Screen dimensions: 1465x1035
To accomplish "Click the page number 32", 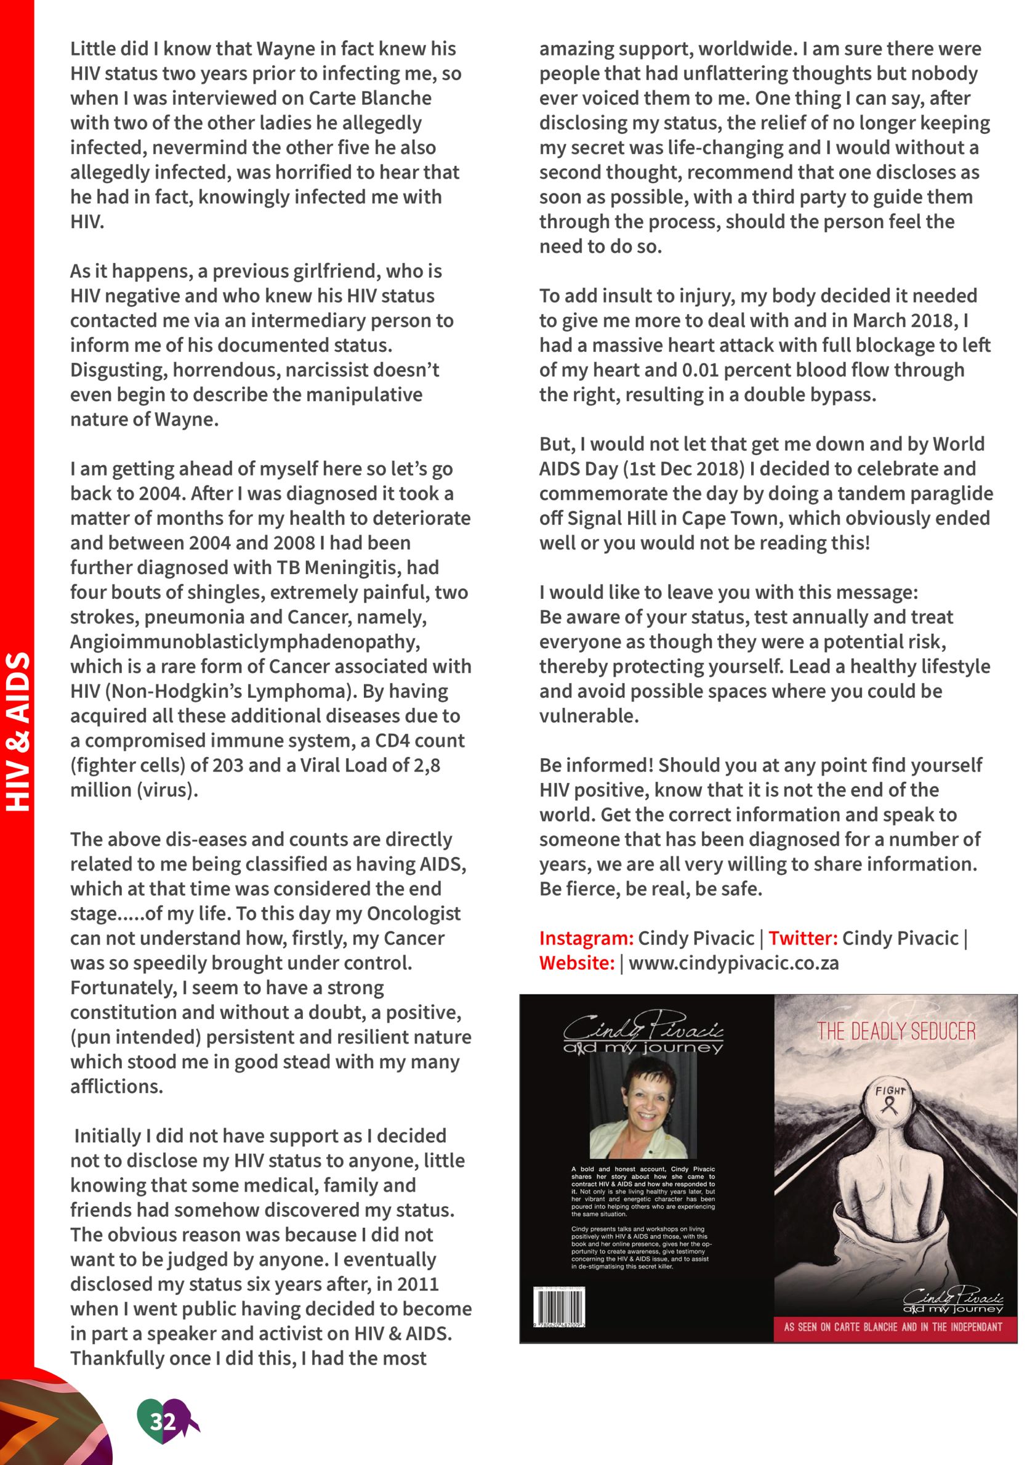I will (163, 1421).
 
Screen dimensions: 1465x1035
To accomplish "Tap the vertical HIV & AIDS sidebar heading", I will (18, 731).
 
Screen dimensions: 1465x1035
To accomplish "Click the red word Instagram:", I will (586, 938).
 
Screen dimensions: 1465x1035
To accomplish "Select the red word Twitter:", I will (802, 938).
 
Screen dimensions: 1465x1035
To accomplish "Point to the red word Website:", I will (576, 963).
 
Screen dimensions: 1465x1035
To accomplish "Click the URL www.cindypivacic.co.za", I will (733, 963).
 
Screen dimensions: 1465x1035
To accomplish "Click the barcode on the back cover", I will (558, 1307).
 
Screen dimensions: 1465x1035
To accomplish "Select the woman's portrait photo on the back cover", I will (643, 1113).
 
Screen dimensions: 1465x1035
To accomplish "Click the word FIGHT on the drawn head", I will (890, 1090).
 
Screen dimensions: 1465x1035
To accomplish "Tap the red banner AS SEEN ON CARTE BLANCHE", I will (893, 1327).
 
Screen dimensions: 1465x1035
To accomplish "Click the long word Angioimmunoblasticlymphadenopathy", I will (245, 641).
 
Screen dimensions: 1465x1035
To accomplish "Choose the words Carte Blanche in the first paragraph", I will (370, 99).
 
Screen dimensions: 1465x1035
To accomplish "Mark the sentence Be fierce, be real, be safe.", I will (650, 889).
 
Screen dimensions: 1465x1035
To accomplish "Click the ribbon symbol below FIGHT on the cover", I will (890, 1105).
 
